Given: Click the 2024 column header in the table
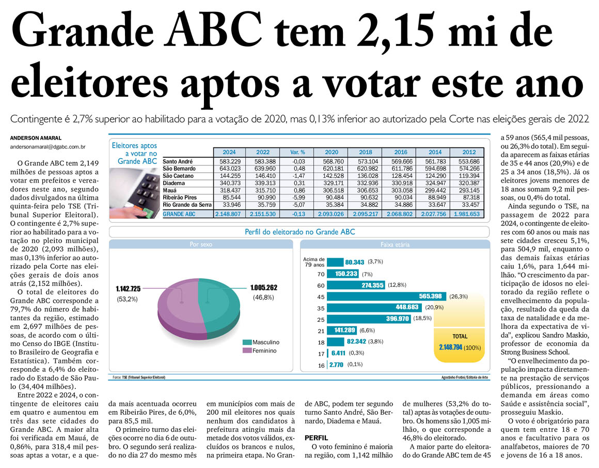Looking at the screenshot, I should coord(229,153).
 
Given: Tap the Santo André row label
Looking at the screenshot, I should coord(179,161).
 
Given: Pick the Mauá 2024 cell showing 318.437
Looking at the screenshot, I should coord(229,190).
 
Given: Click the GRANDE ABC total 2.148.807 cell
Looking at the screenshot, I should coord(229,214).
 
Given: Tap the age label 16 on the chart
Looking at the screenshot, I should coord(321,365).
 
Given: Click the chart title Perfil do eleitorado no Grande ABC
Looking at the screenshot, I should coord(299,232).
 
